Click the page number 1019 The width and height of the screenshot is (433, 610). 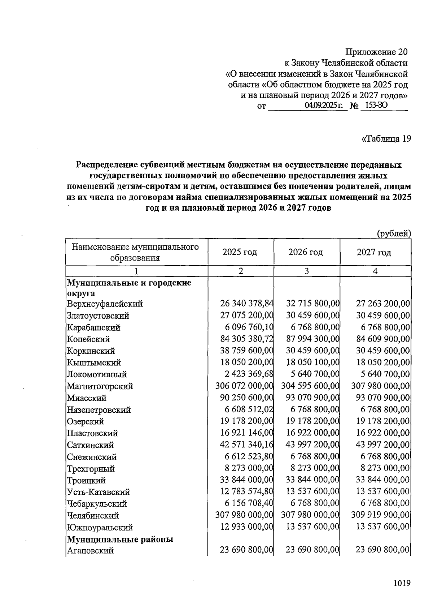click(402, 583)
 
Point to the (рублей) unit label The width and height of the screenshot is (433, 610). click(394, 233)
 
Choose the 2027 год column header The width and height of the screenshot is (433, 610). click(374, 252)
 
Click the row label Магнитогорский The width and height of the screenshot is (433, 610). click(100, 386)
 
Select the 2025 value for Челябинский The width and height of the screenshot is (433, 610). click(244, 515)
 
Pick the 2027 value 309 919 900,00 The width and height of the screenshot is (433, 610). click(380, 515)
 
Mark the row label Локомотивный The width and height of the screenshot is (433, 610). click(97, 374)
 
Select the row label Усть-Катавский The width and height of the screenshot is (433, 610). click(99, 492)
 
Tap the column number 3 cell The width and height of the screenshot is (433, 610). click(306, 271)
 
